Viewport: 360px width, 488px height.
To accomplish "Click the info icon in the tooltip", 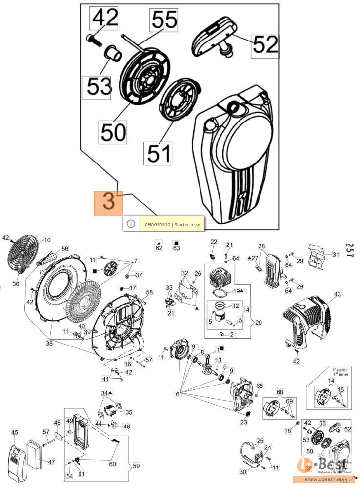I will coord(130,224).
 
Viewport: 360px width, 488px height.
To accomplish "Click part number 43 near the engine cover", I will coord(338,294).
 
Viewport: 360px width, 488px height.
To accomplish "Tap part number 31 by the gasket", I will coord(335,254).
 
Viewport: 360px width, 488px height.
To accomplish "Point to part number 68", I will coord(280,392).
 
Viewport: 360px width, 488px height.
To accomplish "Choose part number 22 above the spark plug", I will coord(213,242).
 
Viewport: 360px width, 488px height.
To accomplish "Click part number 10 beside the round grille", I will coord(47,240).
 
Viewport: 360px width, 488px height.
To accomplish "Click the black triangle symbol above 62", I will coord(159,242).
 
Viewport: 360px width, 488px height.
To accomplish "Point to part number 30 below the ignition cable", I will coord(243,472).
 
